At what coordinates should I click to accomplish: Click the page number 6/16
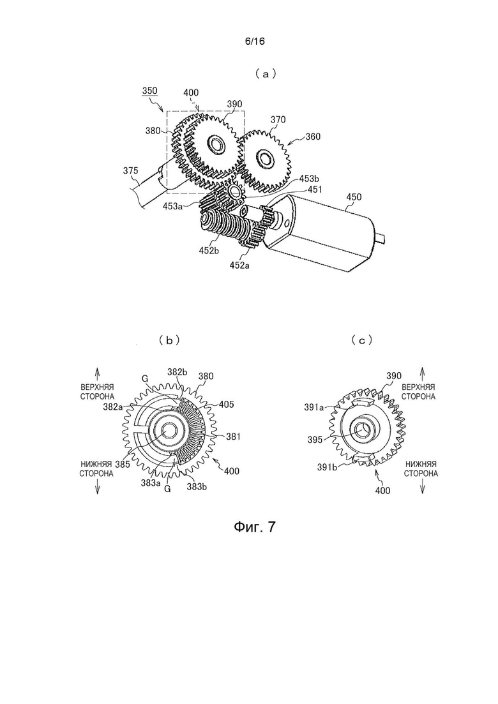coord(255,41)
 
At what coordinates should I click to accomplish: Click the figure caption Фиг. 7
coord(254,526)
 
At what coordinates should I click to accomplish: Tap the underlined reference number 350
coord(149,91)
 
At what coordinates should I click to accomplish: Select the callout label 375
coord(131,170)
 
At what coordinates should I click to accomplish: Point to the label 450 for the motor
coord(354,197)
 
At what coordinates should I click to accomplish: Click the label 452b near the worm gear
coord(209,251)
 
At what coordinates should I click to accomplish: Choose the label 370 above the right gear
coord(278,119)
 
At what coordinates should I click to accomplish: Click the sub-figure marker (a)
coord(265,74)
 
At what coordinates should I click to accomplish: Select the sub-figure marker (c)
coord(362,340)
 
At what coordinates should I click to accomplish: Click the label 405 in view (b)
coord(226,405)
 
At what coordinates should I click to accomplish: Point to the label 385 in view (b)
coord(122,464)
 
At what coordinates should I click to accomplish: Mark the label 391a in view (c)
coord(314,407)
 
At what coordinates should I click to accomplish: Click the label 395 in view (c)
coord(315,440)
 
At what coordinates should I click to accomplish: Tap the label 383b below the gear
coord(197,486)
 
